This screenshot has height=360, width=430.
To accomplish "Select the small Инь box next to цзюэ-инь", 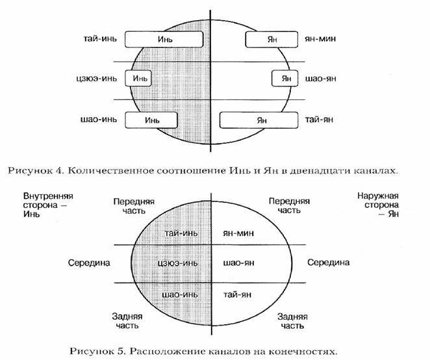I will [x=140, y=79].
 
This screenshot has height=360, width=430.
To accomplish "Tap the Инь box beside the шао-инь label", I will [x=151, y=120].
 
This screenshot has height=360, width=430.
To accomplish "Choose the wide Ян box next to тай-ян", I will [x=261, y=120].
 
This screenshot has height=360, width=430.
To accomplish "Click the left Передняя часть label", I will [x=133, y=207].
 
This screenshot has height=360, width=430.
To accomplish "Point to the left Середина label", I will [x=89, y=263].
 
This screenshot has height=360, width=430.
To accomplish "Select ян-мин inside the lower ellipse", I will [x=238, y=233].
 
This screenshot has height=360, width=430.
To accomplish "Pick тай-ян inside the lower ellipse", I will [x=236, y=294].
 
